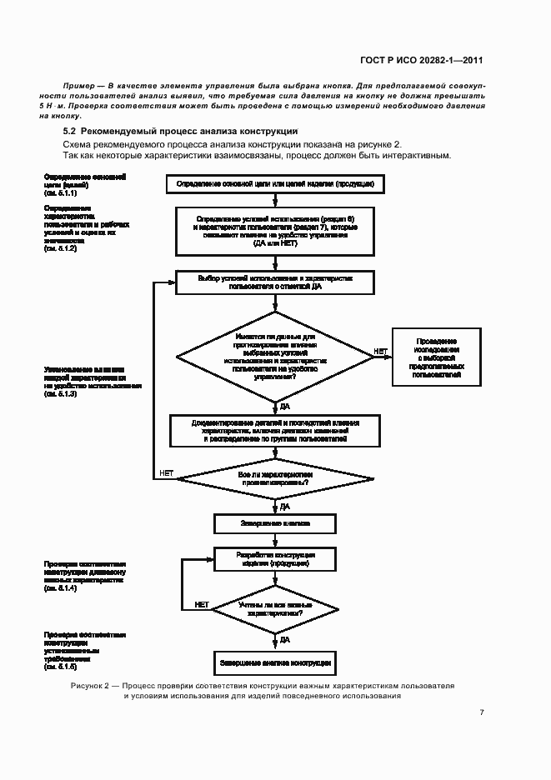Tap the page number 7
coord(482,712)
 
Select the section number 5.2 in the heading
coord(70,132)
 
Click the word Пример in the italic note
coord(78,87)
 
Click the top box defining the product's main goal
coord(275,183)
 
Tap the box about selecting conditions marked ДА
coord(275,282)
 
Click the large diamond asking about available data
coord(275,357)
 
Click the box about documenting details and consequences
coord(275,431)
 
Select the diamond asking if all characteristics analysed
coord(275,477)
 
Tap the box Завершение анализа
coord(275,524)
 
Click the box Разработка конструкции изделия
coord(275,559)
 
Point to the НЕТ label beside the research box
coord(380,352)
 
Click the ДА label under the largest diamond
coord(284,406)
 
